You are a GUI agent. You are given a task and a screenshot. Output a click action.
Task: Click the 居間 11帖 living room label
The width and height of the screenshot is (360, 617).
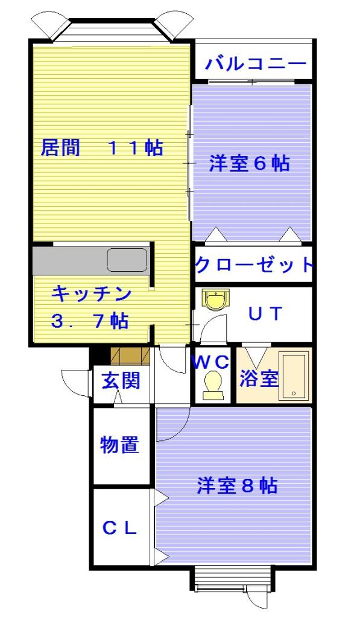(x=101, y=148)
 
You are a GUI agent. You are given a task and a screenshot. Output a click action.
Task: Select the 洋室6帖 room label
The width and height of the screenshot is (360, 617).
(x=249, y=163)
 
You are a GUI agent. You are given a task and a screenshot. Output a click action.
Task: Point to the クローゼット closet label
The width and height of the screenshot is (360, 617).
(x=254, y=265)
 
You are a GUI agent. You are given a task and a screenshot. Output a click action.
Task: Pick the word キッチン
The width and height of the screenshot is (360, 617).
(x=91, y=295)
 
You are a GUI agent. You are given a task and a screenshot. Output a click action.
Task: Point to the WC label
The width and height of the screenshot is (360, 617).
(x=210, y=362)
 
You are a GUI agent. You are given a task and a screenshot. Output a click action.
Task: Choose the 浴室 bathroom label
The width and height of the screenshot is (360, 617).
(x=259, y=378)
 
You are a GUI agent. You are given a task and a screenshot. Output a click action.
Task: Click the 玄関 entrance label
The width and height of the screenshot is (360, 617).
(x=121, y=381)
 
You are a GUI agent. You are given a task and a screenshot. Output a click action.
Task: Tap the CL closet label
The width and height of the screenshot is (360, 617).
(x=119, y=528)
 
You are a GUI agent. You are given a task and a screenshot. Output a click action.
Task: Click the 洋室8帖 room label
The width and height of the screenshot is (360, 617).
(x=237, y=486)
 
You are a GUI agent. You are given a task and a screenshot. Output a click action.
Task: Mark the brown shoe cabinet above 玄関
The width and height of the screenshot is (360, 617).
(x=130, y=356)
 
